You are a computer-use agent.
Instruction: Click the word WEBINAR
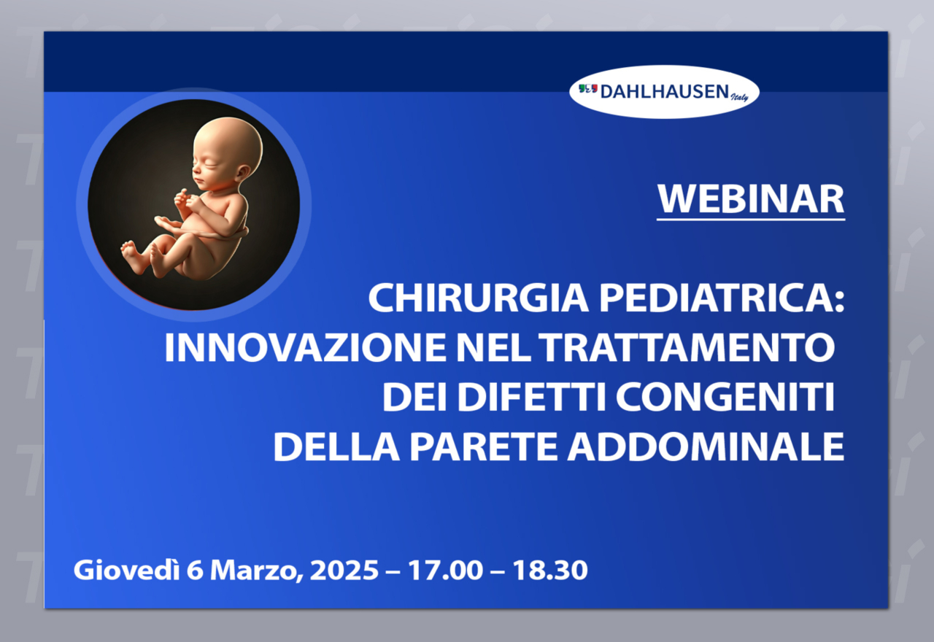tap(751, 199)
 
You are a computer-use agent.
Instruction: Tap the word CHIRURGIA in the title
tap(478, 298)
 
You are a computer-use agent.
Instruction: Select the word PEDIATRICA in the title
tap(722, 298)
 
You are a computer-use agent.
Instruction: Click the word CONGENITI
tap(725, 397)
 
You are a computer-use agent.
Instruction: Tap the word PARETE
tap(483, 446)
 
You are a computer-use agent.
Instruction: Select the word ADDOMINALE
tap(706, 446)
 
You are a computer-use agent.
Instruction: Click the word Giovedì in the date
tap(126, 570)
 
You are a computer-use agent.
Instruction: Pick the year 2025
tap(344, 571)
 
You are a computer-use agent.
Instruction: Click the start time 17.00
tap(445, 571)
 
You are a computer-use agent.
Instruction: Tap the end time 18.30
tap(550, 571)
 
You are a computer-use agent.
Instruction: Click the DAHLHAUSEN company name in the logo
tap(665, 92)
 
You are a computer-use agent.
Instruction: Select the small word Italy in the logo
tap(739, 97)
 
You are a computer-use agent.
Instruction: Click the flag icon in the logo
tap(588, 88)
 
